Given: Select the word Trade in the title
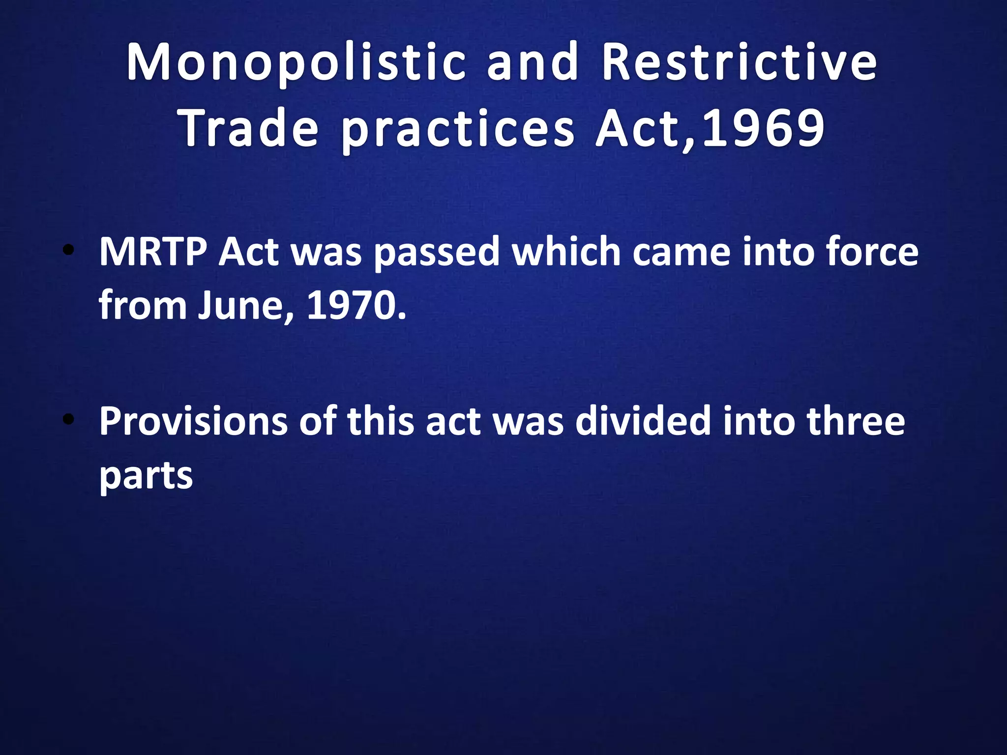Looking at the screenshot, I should [x=250, y=128].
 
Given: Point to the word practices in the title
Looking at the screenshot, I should [x=457, y=129].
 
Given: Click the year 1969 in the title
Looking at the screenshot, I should [x=763, y=128].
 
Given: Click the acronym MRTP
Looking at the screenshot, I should [x=153, y=252].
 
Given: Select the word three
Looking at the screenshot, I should [x=856, y=421].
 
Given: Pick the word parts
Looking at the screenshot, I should [x=146, y=476].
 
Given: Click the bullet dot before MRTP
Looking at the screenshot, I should [x=68, y=251].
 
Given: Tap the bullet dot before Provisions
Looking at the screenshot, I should [x=68, y=420].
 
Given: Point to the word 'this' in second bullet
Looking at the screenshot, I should [x=381, y=421].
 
